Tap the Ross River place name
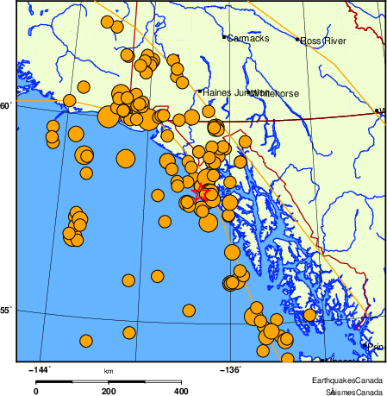tap(323, 40)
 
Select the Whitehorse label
tap(269, 93)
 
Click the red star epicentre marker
tap(200, 191)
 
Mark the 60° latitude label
tap(6, 106)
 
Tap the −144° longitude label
tap(40, 369)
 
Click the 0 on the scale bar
tap(35, 391)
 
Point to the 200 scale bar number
tap(109, 391)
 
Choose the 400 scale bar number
tap(182, 391)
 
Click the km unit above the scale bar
tap(109, 371)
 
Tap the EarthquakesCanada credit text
tap(348, 380)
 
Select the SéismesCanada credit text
tap(349, 391)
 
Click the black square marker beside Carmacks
tap(224, 38)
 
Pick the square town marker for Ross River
tap(297, 39)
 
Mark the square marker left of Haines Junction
tap(200, 91)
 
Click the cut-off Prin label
tap(375, 347)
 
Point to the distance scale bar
tap(109, 380)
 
